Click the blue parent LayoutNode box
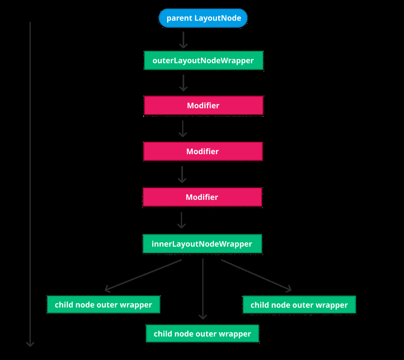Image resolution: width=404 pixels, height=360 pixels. pyautogui.click(x=203, y=18)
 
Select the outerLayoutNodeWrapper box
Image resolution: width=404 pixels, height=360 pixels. pyautogui.click(x=203, y=61)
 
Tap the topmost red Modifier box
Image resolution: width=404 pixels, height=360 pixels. pyautogui.click(x=203, y=105)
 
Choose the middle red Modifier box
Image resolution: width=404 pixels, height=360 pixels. pyautogui.click(x=203, y=152)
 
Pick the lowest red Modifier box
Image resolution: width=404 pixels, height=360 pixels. pyautogui.click(x=202, y=197)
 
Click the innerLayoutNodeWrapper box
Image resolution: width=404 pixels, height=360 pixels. pyautogui.click(x=202, y=244)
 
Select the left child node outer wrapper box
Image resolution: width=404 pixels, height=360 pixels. pyautogui.click(x=103, y=305)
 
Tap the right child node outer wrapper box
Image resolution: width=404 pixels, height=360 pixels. pyautogui.click(x=299, y=305)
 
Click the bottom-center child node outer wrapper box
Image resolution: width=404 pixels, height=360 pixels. pyautogui.click(x=202, y=334)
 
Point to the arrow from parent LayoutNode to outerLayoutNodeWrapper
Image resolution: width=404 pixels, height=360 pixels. pyautogui.click(x=183, y=40)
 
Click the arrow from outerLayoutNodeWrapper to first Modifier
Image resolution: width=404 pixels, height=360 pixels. pyautogui.click(x=183, y=83)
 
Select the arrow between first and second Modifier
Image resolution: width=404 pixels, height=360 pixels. pyautogui.click(x=183, y=129)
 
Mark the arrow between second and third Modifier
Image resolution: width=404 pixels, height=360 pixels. pyautogui.click(x=182, y=175)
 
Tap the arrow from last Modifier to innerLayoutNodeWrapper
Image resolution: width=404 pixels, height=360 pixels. pyautogui.click(x=182, y=220)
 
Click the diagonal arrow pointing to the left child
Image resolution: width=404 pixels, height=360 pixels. pyautogui.click(x=143, y=275)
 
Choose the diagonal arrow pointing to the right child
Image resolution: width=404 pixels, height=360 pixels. pyautogui.click(x=256, y=275)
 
